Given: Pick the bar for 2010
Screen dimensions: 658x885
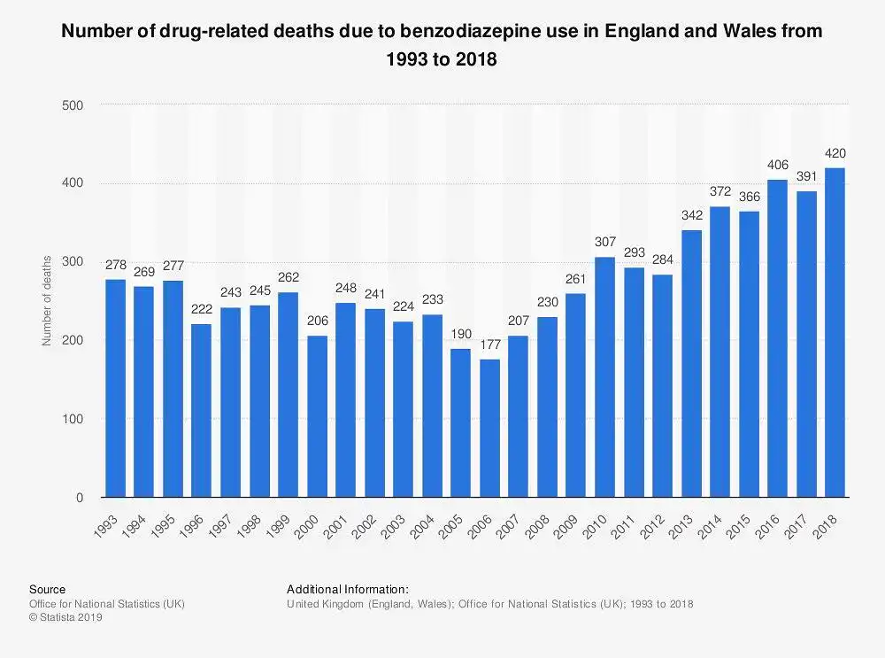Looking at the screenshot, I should (x=604, y=376).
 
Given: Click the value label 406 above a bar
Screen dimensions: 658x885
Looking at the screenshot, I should (x=777, y=165).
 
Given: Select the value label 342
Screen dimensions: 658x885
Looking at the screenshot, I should (x=691, y=215).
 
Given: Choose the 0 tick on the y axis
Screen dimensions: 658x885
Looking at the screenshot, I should (x=79, y=498).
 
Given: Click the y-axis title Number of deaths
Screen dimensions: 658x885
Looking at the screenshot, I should (x=47, y=300).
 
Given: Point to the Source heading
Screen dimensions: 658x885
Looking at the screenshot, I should (x=47, y=589).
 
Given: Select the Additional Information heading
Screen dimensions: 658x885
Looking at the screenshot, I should (x=347, y=589).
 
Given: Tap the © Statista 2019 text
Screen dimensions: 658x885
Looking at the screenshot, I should (x=66, y=618).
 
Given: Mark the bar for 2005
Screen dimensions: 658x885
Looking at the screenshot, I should (x=460, y=422).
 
